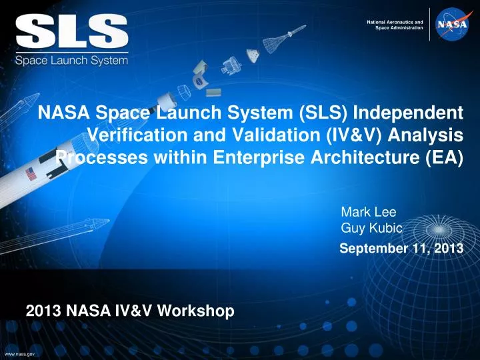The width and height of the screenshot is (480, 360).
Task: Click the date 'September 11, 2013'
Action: (401, 249)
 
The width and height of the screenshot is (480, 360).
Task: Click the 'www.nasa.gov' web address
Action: (20, 354)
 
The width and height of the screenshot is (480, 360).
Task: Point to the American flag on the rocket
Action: (30, 175)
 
